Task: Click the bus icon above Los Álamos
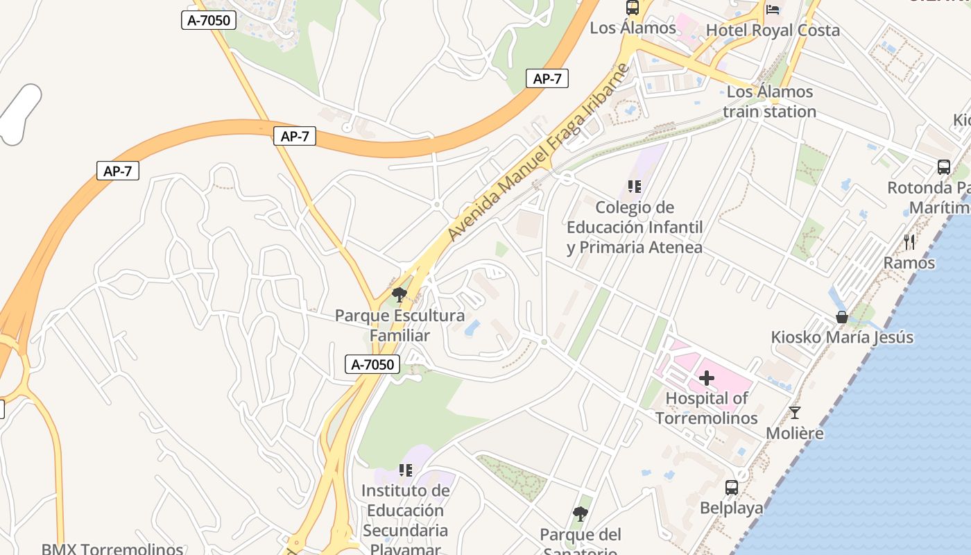(x=632, y=8)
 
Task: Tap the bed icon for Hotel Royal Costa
(x=773, y=10)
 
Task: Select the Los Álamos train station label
(x=769, y=101)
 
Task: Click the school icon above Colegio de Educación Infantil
(x=634, y=186)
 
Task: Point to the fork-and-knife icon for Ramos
(x=909, y=242)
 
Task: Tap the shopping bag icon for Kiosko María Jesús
(x=842, y=317)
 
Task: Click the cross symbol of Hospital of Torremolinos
(x=707, y=378)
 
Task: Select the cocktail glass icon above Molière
(x=795, y=413)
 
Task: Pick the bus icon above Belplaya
(x=731, y=488)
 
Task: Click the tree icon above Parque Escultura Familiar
(x=399, y=295)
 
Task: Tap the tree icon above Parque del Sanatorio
(x=581, y=514)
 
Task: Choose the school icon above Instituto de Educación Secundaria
(x=406, y=470)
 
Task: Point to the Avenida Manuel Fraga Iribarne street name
(x=538, y=153)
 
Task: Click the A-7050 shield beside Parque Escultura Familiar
(x=372, y=364)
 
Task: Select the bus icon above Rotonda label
(x=943, y=167)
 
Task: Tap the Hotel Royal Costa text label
(x=773, y=31)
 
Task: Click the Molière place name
(x=795, y=434)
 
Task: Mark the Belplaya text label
(x=731, y=508)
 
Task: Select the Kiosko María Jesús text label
(x=842, y=338)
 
